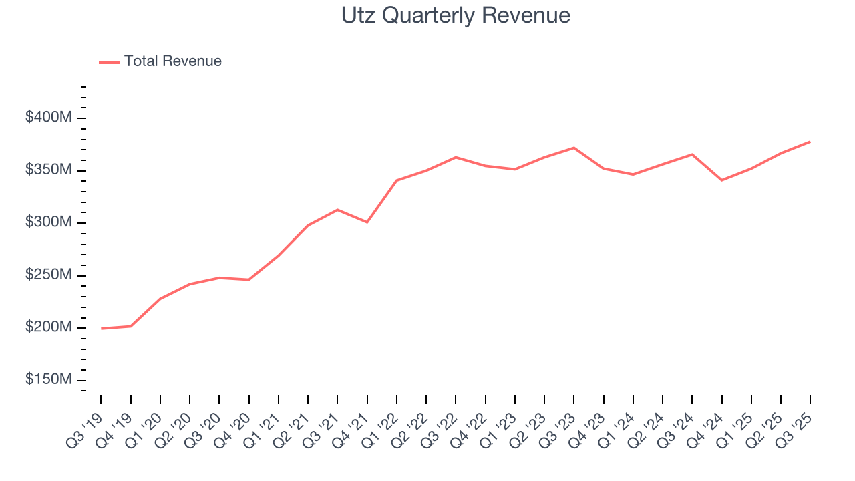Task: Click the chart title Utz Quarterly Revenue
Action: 456,15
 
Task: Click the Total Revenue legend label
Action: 172,61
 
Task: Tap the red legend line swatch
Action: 109,62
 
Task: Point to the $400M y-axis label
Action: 48,118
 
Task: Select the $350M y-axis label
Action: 48,170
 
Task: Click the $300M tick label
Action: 48,222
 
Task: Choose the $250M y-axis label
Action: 48,275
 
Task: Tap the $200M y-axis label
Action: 48,327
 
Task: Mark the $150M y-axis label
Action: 48,379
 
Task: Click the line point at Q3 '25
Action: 810,142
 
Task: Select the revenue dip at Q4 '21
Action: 367,222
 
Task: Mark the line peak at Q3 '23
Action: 574,148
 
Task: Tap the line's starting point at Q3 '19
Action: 102,329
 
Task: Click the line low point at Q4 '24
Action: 721,180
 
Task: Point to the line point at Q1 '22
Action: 397,180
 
